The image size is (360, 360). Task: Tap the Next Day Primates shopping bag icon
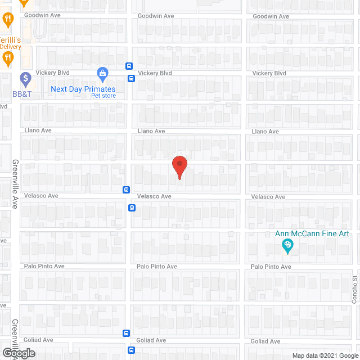pyautogui.click(x=102, y=73)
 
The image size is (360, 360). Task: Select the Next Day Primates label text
pyautogui.click(x=83, y=89)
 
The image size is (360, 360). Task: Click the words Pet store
pyautogui.click(x=103, y=96)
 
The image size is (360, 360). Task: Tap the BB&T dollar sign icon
pyautogui.click(x=25, y=78)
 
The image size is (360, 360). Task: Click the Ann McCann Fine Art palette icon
pyautogui.click(x=287, y=245)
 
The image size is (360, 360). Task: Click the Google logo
pyautogui.click(x=18, y=353)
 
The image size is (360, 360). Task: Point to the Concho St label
pyautogui.click(x=355, y=290)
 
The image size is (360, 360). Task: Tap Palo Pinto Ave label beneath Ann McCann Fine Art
pyautogui.click(x=271, y=267)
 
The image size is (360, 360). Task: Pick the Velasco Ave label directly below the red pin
pyautogui.click(x=154, y=196)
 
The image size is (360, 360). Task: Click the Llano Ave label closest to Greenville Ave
pyautogui.click(x=38, y=130)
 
